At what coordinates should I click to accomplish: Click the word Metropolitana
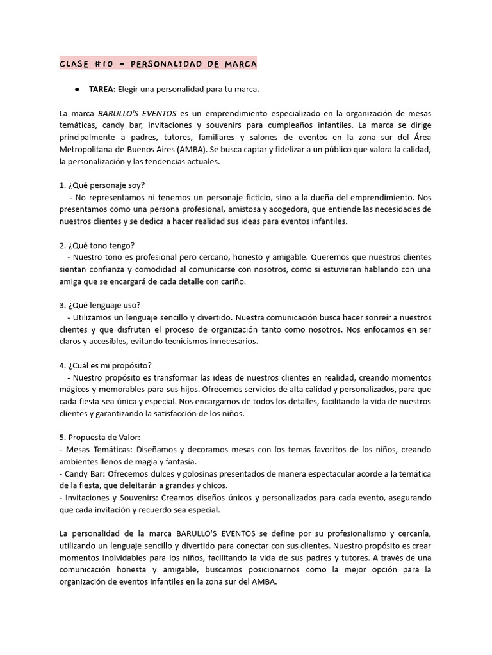88,150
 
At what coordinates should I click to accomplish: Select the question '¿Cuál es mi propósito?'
106,366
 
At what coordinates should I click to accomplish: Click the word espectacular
329,474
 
